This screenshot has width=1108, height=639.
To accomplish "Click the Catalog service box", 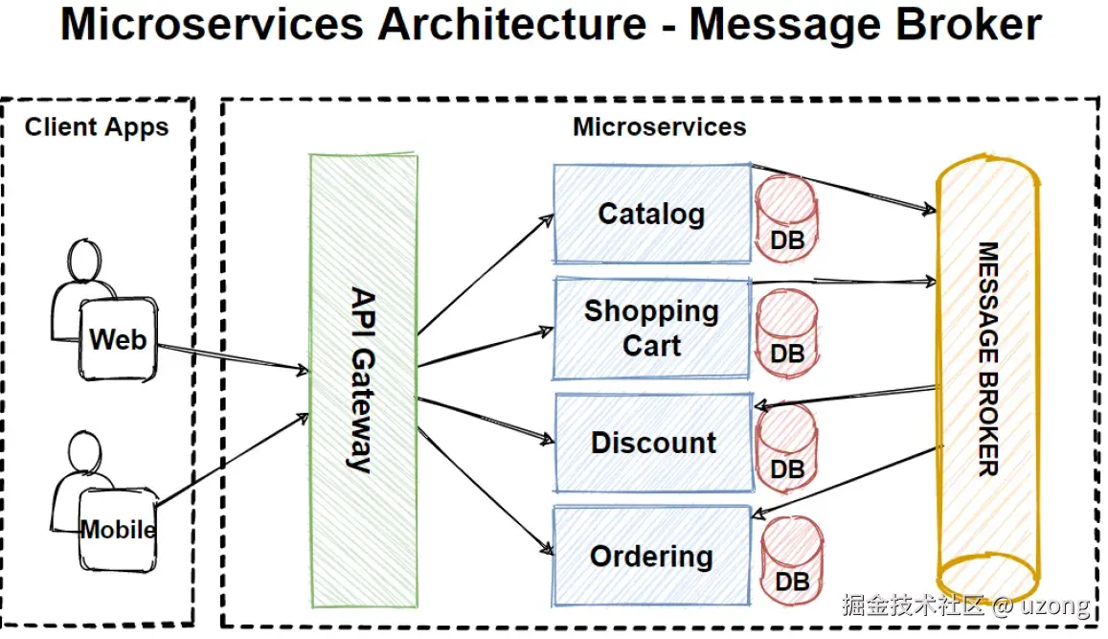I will tap(651, 214).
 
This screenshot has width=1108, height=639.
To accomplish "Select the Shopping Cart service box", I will tap(651, 328).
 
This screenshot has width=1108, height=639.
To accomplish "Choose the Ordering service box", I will tap(651, 556).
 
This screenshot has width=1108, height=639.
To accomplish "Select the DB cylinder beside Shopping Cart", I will tap(787, 331).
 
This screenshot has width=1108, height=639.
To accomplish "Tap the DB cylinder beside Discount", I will tap(787, 445).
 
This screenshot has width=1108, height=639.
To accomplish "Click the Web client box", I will tap(118, 338).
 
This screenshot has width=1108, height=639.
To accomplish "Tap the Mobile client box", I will tap(117, 528).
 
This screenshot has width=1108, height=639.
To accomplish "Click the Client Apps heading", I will tap(97, 127).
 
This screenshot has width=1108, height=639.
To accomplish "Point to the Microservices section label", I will tap(659, 126).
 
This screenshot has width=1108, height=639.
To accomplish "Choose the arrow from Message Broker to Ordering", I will tap(847, 480).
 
